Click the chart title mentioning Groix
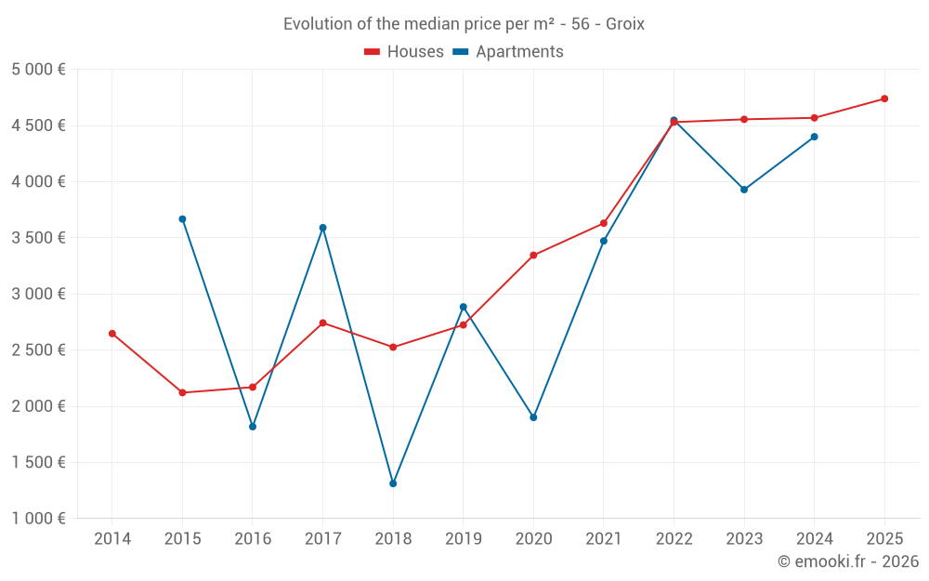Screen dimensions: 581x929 click(464, 24)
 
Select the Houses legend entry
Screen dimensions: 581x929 click(404, 52)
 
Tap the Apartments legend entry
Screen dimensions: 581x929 click(509, 52)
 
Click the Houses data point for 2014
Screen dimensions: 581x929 click(112, 334)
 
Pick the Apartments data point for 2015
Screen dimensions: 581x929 click(182, 219)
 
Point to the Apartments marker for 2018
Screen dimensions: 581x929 click(393, 483)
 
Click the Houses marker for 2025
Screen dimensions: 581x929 click(884, 99)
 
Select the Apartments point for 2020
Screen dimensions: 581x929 click(533, 417)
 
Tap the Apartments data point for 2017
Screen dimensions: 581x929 click(323, 228)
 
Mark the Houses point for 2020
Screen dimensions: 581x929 click(533, 256)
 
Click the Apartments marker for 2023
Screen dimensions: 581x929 click(744, 190)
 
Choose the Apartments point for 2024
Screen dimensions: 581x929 click(815, 137)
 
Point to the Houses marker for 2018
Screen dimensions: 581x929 click(393, 348)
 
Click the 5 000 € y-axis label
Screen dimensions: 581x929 click(38, 70)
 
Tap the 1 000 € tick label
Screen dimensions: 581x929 click(38, 519)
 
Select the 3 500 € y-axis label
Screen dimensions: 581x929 click(38, 238)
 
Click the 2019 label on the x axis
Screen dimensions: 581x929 click(464, 539)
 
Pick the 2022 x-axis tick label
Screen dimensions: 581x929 click(674, 539)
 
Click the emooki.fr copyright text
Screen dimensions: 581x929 click(848, 561)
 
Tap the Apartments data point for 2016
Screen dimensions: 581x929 click(253, 427)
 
